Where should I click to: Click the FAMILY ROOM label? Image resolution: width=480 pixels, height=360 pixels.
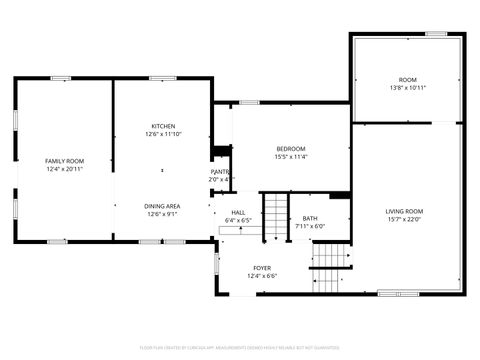[x=64, y=161]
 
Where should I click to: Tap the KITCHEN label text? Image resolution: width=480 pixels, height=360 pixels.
[x=162, y=125]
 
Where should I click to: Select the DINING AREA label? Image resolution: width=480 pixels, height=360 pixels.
[x=162, y=205]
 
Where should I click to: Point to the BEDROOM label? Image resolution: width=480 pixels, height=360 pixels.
[x=290, y=148]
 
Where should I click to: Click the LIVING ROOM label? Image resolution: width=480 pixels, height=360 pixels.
[x=405, y=211]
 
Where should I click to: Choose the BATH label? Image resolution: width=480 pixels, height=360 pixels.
[x=310, y=218]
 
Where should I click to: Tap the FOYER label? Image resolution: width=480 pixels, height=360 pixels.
[x=262, y=268]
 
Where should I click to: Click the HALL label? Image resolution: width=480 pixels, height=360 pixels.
[x=238, y=212]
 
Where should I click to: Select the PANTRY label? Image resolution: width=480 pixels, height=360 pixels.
[x=220, y=172]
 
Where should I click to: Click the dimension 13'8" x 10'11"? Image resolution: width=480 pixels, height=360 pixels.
[x=407, y=88]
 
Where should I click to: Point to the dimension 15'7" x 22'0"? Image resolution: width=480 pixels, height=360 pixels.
[x=405, y=220]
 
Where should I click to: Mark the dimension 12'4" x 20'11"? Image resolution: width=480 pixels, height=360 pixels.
[x=64, y=169]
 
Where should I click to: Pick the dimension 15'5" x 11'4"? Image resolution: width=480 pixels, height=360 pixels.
[x=290, y=156]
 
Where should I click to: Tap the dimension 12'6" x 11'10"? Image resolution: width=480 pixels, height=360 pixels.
[x=162, y=133]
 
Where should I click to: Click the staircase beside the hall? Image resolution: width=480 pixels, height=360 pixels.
[x=274, y=212]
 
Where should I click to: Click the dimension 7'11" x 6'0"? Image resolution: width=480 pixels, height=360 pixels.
[x=310, y=226]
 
